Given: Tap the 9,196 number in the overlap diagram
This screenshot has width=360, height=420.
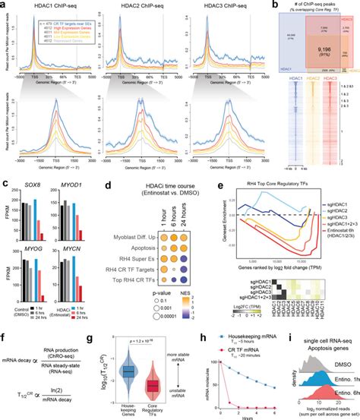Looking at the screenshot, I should click(x=314, y=48).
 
